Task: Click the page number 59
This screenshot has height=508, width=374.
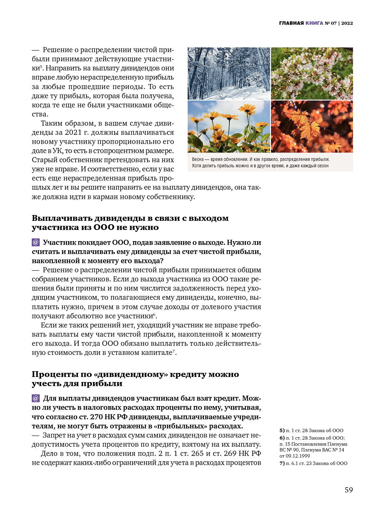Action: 349,490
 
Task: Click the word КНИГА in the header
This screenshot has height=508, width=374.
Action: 314,23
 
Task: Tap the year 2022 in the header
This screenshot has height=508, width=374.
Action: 347,23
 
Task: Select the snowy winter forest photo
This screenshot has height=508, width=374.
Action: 229,73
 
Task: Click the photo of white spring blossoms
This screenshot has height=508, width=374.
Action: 312,73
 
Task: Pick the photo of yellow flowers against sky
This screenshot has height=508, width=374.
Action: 229,127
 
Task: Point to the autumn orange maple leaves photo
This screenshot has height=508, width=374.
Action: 312,127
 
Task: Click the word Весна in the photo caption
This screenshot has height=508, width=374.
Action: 198,159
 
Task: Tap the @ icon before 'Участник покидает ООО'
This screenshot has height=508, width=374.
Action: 36,242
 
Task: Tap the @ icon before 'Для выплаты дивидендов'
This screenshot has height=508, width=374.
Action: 36,398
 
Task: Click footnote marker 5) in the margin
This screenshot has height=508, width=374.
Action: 282,430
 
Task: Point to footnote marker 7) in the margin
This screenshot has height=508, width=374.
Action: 282,463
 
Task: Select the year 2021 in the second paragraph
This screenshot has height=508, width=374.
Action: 73,132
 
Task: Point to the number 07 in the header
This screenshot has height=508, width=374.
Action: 334,23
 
